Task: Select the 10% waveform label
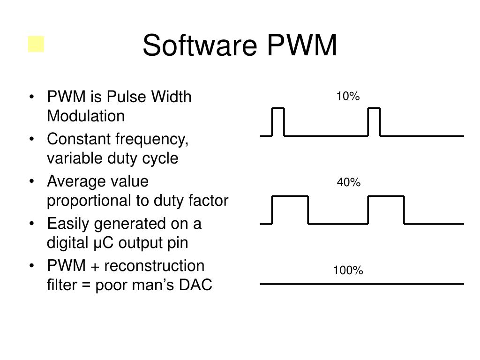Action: tap(348, 97)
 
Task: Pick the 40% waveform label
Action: tap(348, 182)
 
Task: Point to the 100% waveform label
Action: tap(348, 270)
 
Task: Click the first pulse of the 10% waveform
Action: tap(278, 121)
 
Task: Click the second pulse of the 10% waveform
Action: tap(374, 121)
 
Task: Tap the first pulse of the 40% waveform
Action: tap(290, 209)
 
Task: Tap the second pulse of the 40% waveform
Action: tap(386, 209)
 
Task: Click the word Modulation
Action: tap(86, 116)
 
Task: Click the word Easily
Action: tap(68, 224)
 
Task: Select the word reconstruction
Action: tap(154, 266)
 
